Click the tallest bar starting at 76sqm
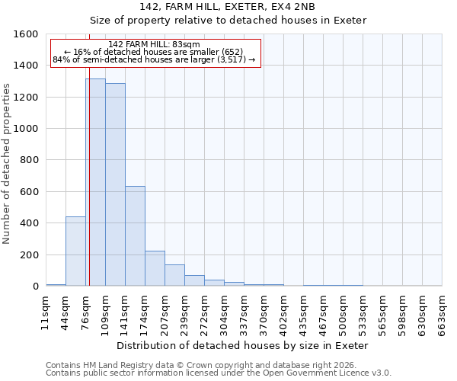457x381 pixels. point(95,183)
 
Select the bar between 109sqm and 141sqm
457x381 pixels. point(115,185)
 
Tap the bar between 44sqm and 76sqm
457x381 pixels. point(75,251)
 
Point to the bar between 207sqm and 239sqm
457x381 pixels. point(174,275)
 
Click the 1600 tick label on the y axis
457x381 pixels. point(27,34)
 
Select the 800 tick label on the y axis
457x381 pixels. point(30,160)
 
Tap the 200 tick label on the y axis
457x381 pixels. point(30,255)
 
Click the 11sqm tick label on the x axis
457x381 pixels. point(46,312)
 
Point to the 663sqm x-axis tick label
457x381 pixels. point(442,312)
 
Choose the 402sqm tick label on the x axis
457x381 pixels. point(283,312)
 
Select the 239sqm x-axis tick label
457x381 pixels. point(184,312)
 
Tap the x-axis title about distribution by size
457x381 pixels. point(243,345)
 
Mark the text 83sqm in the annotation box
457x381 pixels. point(188,44)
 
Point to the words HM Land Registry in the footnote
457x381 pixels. point(118,365)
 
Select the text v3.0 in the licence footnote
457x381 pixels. point(381,373)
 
